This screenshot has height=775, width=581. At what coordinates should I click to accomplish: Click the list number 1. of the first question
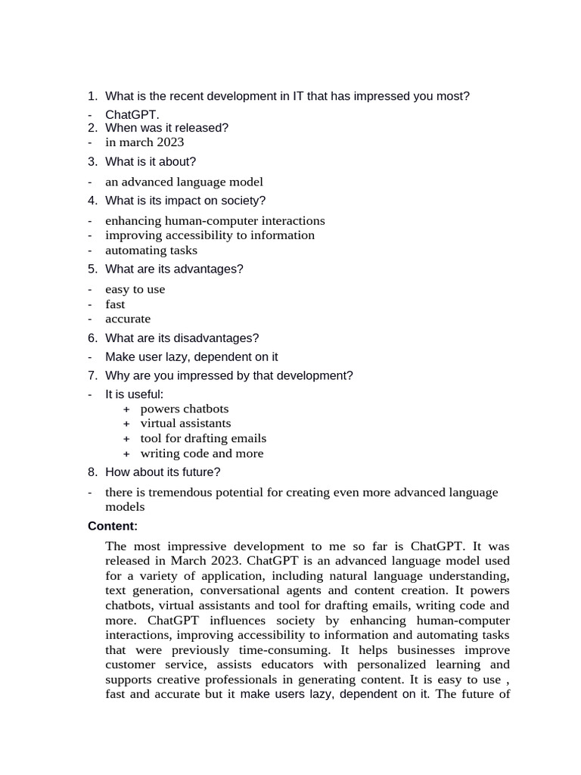pos(92,96)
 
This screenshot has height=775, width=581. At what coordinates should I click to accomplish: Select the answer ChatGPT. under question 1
pos(132,114)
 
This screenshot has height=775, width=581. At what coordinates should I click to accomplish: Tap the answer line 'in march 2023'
pos(144,142)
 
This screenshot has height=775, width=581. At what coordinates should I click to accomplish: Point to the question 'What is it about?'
pos(151,162)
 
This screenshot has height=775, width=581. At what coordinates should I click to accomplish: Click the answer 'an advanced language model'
pos(184,182)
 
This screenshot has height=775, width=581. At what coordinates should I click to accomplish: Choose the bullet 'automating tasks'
pos(151,251)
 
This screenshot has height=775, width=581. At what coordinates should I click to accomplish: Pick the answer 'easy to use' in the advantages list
pos(135,289)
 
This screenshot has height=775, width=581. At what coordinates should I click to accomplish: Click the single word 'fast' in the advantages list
pos(115,304)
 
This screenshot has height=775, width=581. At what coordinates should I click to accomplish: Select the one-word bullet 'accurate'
pos(128,319)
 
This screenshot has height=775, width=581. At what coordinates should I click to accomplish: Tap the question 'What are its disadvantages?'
pos(182,338)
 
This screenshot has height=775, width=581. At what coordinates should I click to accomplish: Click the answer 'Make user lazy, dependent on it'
pos(191,356)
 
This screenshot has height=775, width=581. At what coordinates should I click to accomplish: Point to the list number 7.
pos(92,375)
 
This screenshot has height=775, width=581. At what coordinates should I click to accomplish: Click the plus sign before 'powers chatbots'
pos(126,409)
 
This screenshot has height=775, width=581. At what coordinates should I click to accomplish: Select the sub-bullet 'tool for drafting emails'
pos(203,438)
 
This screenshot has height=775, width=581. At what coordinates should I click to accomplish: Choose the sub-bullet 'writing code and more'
pos(202,453)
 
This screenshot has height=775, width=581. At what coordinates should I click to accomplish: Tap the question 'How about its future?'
pos(163,472)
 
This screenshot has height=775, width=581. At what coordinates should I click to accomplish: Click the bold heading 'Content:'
pos(113,526)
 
